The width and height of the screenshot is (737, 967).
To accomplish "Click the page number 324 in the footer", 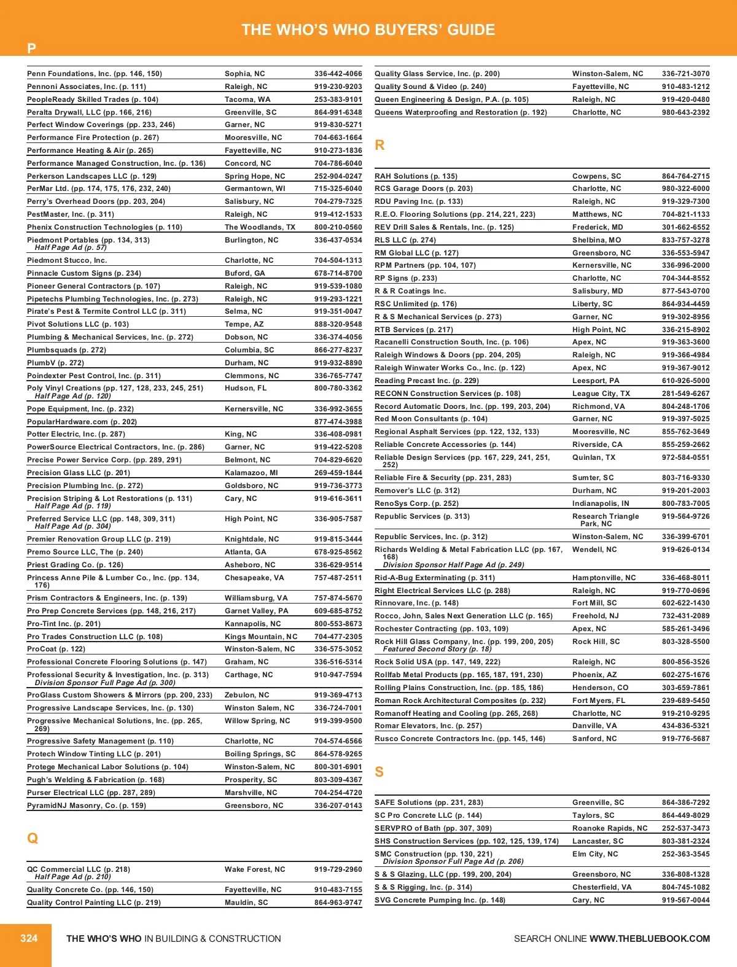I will [x=29, y=938].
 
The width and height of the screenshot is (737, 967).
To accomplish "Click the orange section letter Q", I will [x=33, y=838].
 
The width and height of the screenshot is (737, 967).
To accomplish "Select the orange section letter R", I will [x=380, y=145].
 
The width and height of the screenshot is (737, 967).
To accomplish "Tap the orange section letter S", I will [x=379, y=772].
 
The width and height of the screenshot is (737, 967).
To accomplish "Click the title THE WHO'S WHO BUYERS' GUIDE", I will [x=368, y=29].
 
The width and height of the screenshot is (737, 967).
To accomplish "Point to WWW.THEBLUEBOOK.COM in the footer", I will [x=649, y=939].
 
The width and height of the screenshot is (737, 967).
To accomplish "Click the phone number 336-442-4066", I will [x=338, y=74].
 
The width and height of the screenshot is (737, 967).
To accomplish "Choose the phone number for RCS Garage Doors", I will [x=685, y=188].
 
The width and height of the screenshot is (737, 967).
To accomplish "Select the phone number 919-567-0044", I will [x=685, y=900].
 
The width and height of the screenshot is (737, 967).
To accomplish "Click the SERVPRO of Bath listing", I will [x=433, y=828].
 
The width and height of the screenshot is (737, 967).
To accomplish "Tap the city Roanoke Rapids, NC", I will [x=609, y=828].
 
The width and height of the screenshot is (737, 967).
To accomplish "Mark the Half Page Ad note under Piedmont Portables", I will [x=71, y=247].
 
